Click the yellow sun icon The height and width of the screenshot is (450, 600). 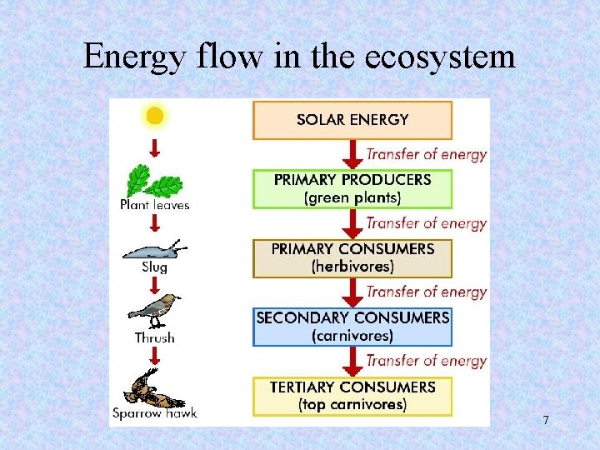(x=154, y=115)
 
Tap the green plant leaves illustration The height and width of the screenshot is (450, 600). (x=154, y=180)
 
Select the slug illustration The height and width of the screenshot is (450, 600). (x=155, y=249)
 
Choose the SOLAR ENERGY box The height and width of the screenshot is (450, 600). (x=352, y=120)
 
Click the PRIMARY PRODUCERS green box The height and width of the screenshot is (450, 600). (x=352, y=188)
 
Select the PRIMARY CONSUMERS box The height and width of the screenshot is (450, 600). (x=352, y=257)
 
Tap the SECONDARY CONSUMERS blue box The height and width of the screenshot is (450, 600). (x=352, y=327)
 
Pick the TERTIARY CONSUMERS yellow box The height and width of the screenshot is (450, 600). (x=352, y=396)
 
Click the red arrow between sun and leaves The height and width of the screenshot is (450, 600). (x=154, y=147)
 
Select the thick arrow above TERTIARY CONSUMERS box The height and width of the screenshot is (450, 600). (x=352, y=361)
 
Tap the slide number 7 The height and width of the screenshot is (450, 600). (x=546, y=420)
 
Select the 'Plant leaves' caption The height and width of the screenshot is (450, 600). (x=155, y=205)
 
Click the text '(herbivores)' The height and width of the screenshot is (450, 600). (x=352, y=267)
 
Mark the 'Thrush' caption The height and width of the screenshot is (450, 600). (x=155, y=337)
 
